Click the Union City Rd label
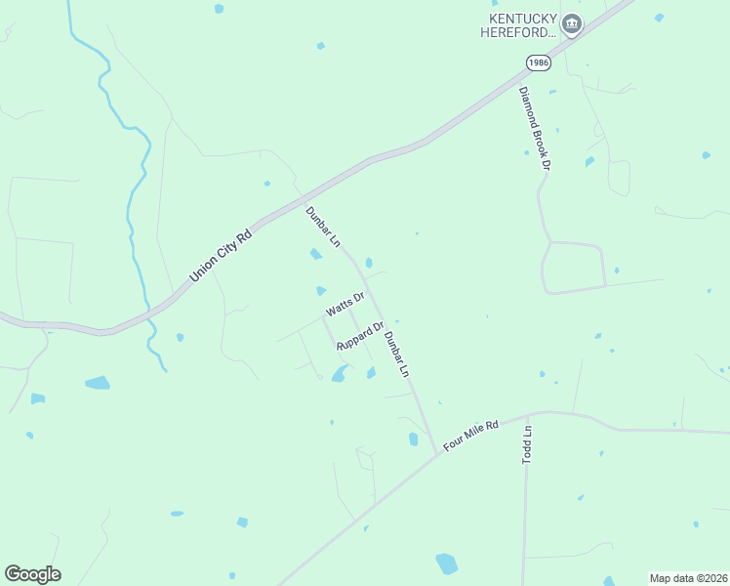tap(221, 255)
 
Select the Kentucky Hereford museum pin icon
tap(572, 24)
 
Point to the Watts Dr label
tap(345, 304)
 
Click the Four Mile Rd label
tap(470, 435)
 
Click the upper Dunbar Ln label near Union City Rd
tap(323, 226)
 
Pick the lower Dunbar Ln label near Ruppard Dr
tap(395, 355)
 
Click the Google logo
tap(32, 574)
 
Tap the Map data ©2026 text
tap(688, 578)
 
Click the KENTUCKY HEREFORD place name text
tap(518, 25)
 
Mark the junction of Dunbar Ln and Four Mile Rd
tap(435, 451)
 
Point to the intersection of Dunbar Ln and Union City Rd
tap(298, 194)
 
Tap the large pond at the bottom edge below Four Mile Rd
tap(446, 564)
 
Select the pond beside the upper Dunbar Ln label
tap(315, 255)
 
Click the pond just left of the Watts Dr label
tap(321, 290)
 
